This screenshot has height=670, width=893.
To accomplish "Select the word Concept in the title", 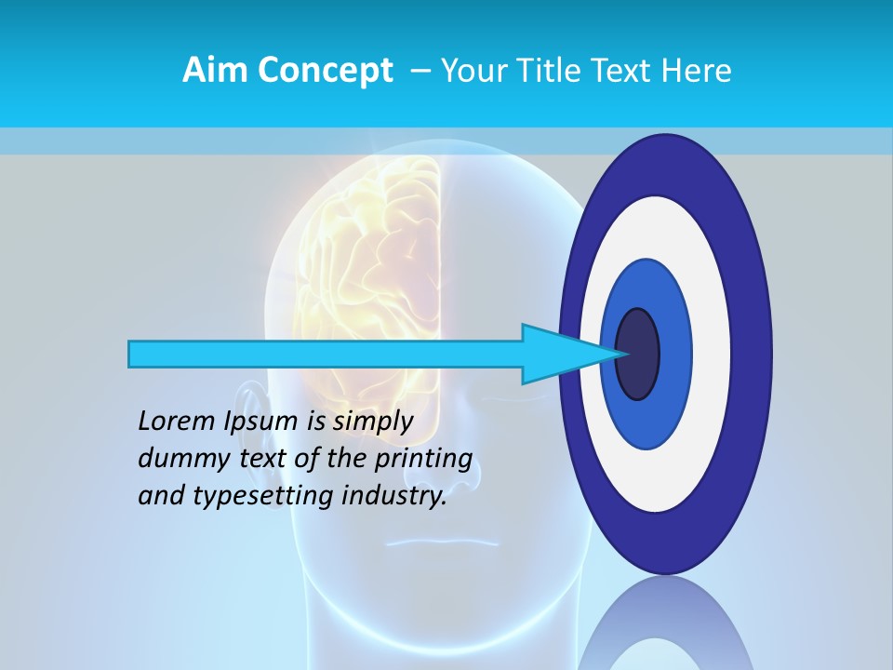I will pos(325,71).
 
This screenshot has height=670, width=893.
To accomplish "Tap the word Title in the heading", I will pos(547,71).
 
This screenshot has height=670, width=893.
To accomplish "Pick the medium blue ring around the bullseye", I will pos(674,354).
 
